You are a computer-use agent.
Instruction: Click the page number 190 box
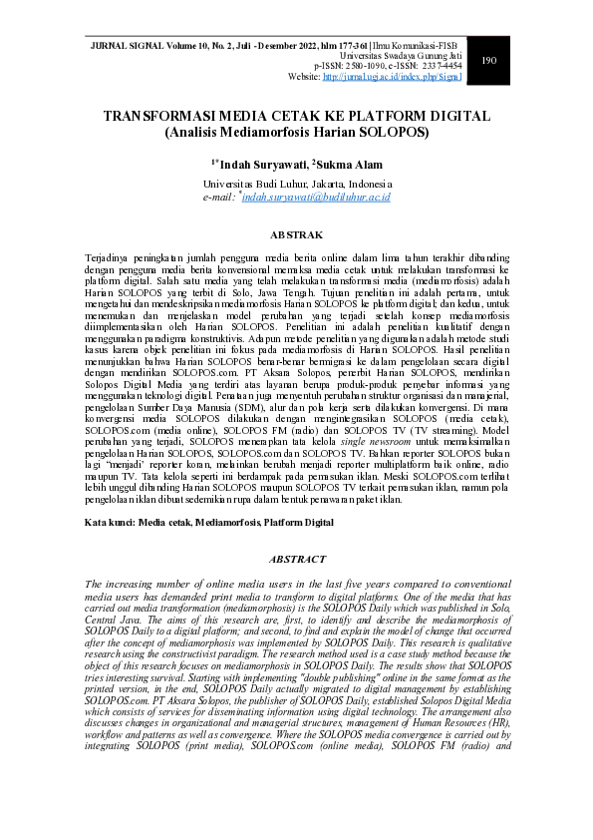tap(488, 61)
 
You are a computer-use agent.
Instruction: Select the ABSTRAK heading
tap(296, 235)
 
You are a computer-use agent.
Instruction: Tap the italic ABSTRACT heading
tap(296, 560)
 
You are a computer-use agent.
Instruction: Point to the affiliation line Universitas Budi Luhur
tap(296, 185)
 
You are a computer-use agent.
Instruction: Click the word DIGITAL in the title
tap(452, 117)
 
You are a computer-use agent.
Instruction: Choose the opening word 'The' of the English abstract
tap(93, 583)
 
